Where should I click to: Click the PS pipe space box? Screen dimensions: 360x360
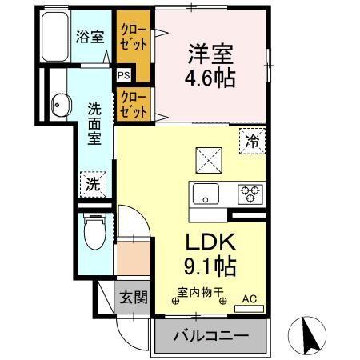pos(124,75)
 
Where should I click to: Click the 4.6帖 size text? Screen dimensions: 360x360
pos(210,80)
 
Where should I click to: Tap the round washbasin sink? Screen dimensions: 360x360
pos(59,102)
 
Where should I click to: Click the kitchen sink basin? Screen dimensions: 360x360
pos(204,194)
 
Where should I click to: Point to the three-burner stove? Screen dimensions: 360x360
pos(250,194)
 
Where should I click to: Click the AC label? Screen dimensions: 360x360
pos(248,299)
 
